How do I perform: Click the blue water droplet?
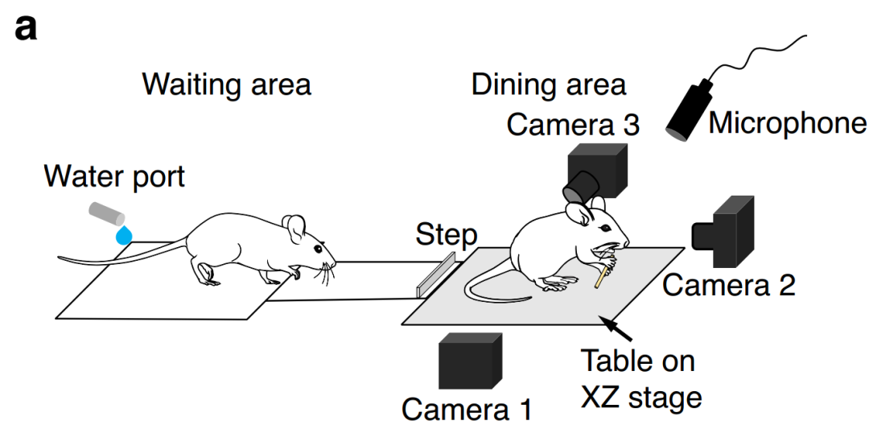tap(124, 235)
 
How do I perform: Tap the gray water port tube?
tap(106, 213)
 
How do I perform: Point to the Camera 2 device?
tap(723, 232)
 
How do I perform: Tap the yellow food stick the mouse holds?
tap(601, 275)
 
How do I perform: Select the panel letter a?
tap(26, 28)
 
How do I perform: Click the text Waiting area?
tap(227, 85)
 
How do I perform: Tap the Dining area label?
tap(549, 85)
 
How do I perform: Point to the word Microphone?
tap(787, 124)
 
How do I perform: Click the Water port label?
tap(114, 177)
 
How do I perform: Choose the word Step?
tap(446, 234)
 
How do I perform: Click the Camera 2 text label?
tap(729, 285)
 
